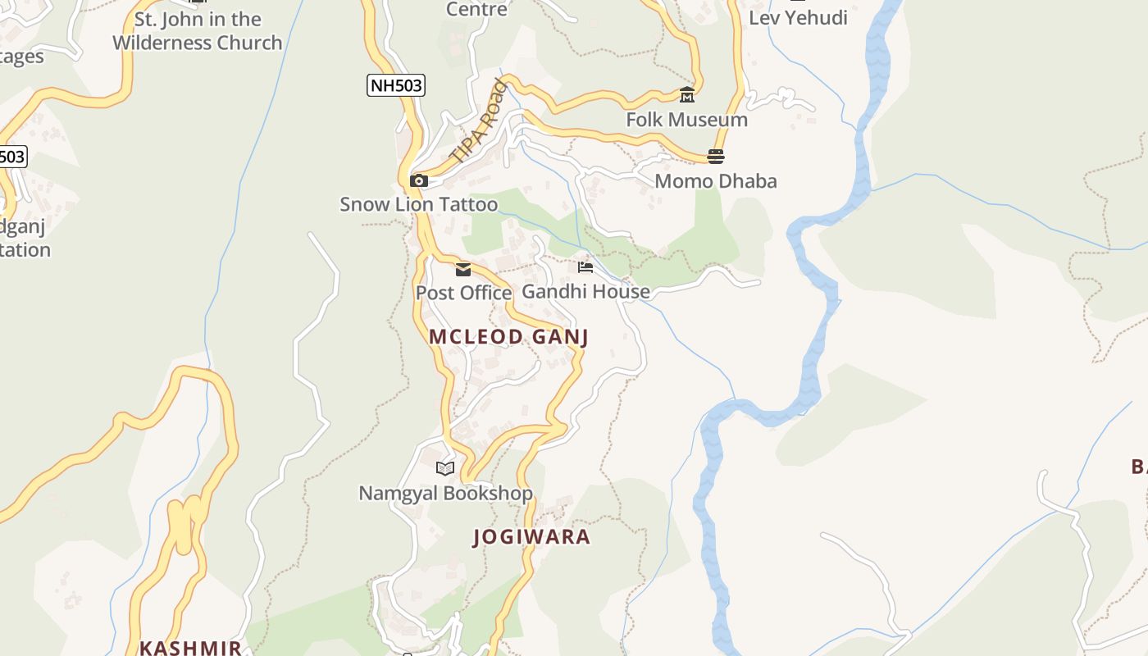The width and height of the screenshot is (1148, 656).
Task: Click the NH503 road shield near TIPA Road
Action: tap(395, 84)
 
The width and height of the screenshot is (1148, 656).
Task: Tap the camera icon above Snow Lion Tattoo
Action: tap(419, 180)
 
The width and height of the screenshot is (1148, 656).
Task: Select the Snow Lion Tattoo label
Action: tap(418, 204)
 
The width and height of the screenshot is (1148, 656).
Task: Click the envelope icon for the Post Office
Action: tap(463, 269)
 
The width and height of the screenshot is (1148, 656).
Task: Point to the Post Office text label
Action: tap(463, 293)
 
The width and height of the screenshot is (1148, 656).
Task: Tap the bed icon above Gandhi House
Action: tap(585, 267)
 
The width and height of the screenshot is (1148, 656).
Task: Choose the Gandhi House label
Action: tap(585, 291)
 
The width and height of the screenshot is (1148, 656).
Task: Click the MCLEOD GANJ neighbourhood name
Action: tap(508, 337)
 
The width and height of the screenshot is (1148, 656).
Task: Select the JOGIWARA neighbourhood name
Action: tap(531, 537)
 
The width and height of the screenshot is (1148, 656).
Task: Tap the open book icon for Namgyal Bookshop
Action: tap(445, 468)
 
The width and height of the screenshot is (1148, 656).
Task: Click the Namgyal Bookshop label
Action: tap(445, 493)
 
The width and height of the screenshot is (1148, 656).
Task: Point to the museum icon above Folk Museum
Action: tap(687, 95)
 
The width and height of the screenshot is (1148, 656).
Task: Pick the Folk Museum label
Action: tap(686, 120)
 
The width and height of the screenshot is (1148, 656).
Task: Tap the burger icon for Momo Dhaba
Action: tap(716, 157)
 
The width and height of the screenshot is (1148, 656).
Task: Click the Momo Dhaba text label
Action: tap(715, 181)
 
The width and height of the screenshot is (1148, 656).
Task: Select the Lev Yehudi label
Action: tap(798, 18)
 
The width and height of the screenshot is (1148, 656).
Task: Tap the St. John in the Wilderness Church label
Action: tap(197, 31)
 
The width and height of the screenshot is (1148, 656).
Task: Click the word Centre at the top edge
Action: tap(476, 10)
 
